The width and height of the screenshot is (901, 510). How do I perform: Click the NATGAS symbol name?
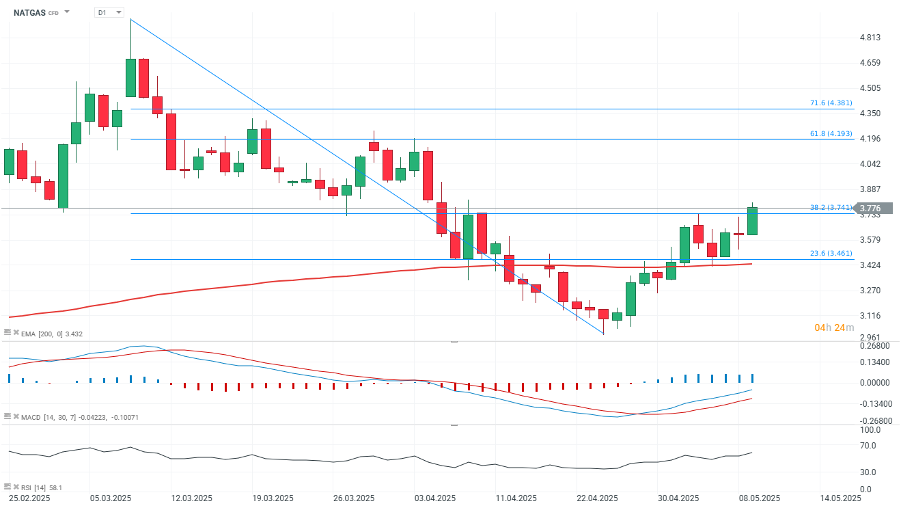tap(29, 12)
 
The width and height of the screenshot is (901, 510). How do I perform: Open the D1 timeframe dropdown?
tap(109, 12)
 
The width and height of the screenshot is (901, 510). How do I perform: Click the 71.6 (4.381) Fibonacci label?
tap(831, 103)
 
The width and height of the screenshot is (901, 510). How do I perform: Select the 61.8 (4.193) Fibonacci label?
tap(831, 134)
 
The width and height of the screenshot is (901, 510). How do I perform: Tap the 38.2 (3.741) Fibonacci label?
tap(831, 208)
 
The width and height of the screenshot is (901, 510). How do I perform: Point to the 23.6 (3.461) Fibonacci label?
tap(831, 254)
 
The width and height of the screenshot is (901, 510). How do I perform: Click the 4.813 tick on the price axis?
tap(870, 38)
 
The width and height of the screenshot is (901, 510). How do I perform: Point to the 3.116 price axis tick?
tap(870, 316)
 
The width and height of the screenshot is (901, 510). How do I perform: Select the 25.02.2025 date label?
tap(31, 498)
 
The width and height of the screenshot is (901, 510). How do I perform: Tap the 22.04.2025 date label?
tap(597, 498)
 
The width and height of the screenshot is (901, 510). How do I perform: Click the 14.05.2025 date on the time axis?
tap(840, 498)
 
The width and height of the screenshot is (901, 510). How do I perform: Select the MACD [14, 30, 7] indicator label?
tap(79, 417)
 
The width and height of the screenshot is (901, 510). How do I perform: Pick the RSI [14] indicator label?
tap(41, 487)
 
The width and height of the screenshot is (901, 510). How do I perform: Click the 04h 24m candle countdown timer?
tap(834, 328)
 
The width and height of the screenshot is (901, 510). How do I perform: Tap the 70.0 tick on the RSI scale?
tap(868, 446)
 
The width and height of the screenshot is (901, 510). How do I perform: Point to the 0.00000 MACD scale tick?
tap(874, 383)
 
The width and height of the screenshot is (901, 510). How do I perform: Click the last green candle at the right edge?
tap(752, 222)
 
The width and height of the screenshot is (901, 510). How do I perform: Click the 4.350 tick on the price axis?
tap(870, 113)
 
